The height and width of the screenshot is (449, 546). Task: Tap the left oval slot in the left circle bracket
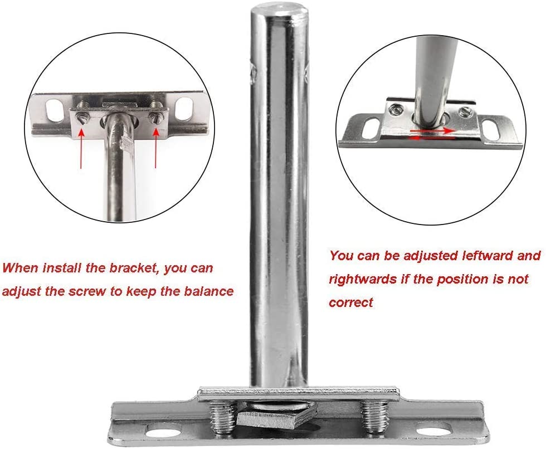(x=55, y=110)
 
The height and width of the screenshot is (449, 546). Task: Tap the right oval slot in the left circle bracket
(x=184, y=109)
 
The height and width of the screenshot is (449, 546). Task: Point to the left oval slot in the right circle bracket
(x=371, y=128)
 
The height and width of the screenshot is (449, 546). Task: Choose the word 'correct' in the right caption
(x=351, y=302)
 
